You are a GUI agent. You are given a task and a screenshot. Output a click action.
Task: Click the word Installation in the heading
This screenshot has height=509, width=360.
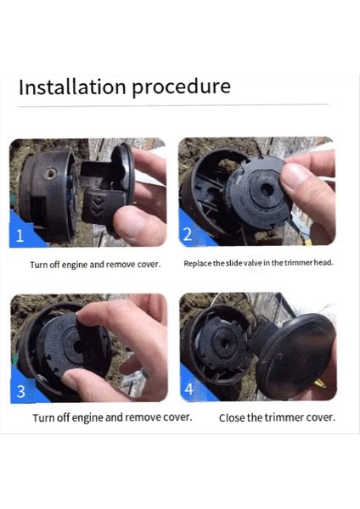point(72,87)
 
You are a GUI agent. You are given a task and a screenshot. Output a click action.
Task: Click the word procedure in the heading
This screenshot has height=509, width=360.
point(182,88)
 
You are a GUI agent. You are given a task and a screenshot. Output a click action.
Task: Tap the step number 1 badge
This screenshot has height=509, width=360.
point(20,235)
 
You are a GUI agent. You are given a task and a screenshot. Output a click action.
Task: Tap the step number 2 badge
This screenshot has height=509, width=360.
point(188,234)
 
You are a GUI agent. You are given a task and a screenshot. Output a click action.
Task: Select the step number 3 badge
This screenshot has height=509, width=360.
point(20,391)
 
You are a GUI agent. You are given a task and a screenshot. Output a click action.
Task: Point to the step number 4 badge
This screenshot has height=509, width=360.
point(189,389)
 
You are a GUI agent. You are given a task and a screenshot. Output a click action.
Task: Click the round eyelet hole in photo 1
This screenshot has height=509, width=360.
point(50,173)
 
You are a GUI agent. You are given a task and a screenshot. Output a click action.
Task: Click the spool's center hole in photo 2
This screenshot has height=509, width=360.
point(267,190)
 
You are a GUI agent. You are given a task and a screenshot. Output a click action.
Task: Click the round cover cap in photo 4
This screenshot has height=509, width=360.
point(295,356)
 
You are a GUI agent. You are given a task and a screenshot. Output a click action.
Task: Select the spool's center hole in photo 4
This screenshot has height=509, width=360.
point(228,344)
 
